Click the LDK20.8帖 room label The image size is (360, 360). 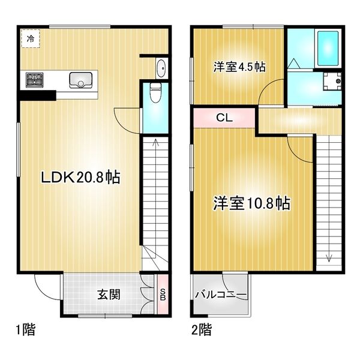pyautogui.click(x=79, y=177)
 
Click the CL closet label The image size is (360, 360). pyautogui.click(x=224, y=118)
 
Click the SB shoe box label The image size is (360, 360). pyautogui.click(x=162, y=293)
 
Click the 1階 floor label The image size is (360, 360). pyautogui.click(x=25, y=329)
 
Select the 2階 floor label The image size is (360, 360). pyautogui.click(x=200, y=329)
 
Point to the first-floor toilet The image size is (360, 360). pyautogui.click(x=156, y=94)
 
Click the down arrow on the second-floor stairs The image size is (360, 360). pyautogui.click(x=329, y=258)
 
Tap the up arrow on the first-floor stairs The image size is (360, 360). pyautogui.click(x=155, y=143)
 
